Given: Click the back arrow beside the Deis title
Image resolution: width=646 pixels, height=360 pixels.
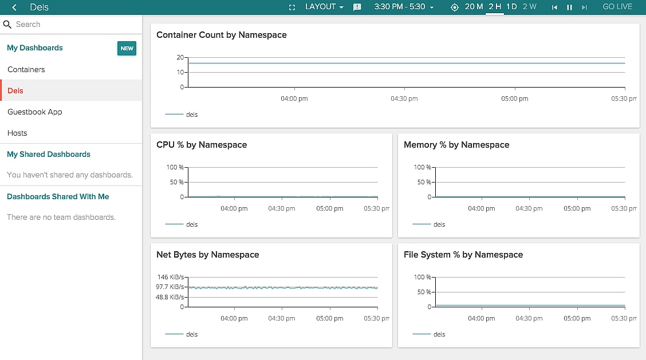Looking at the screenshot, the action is tap(14, 7).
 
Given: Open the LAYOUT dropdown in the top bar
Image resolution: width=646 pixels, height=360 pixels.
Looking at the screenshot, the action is tap(324, 7).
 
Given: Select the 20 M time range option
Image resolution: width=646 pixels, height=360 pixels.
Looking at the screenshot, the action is tap(474, 7).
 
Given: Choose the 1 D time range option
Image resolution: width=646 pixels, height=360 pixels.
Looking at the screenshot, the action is tap(511, 7).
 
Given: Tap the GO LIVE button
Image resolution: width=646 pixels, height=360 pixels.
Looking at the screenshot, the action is tap(617, 7).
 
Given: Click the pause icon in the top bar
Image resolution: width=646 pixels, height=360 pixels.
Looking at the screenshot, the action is tap(569, 7).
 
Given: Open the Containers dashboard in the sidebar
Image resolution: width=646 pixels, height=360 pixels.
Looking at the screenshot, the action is tap(26, 69).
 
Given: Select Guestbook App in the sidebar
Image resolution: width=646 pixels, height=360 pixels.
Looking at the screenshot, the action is tap(35, 112).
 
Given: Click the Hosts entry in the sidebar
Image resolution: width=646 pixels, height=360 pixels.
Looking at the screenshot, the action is tap(17, 133).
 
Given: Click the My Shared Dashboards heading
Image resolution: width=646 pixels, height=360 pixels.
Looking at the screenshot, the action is tap(49, 154).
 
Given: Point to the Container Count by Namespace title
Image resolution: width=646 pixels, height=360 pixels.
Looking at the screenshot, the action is tap(222, 35).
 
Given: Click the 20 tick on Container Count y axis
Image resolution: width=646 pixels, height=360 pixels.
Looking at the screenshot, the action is tap(180, 57).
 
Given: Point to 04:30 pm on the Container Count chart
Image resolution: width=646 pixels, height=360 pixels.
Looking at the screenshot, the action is tap(404, 98).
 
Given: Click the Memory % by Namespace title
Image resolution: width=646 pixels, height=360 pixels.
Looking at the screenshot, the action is tap(456, 145).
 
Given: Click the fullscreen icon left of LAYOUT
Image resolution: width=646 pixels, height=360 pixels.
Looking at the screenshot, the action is tap(292, 7).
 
